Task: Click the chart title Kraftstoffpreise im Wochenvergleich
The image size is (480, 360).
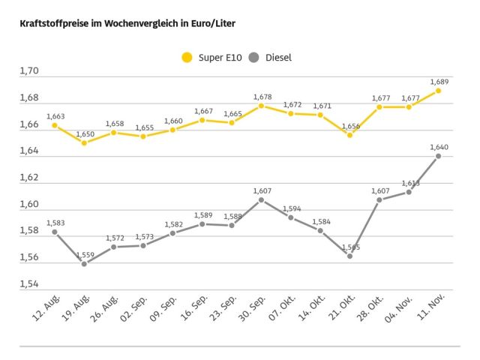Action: (127, 23)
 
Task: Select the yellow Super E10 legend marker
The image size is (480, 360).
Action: (187, 58)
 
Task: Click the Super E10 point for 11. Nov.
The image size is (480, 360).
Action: (438, 91)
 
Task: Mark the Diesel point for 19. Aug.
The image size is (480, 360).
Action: (84, 264)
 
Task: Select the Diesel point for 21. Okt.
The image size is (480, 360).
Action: (349, 256)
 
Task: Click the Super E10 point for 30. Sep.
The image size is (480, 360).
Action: (261, 106)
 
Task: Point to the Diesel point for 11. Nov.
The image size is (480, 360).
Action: (438, 156)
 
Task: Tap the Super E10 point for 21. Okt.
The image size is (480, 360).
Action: (349, 135)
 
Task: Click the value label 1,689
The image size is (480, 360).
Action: (439, 81)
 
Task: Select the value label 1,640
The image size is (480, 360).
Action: (439, 147)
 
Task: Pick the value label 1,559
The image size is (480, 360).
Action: (85, 255)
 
